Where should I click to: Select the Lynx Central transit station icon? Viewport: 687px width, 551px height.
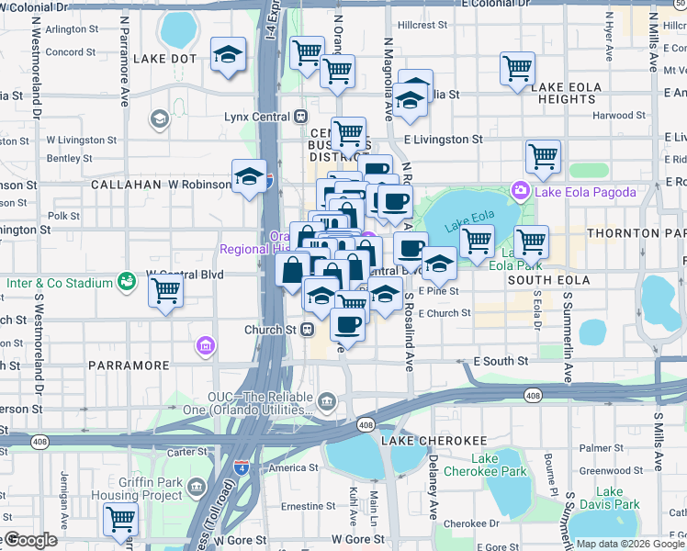(x=300, y=117)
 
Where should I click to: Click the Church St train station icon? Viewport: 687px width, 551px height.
(x=310, y=329)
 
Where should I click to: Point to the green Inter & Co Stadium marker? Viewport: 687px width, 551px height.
(x=124, y=280)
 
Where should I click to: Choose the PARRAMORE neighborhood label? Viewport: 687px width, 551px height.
(x=129, y=365)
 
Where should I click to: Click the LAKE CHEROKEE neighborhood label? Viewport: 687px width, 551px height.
(x=426, y=441)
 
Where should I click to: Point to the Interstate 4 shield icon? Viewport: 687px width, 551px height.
(x=242, y=469)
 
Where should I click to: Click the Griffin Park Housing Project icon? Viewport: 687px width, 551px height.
(x=195, y=485)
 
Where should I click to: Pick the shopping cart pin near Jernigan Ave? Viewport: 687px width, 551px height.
(x=120, y=520)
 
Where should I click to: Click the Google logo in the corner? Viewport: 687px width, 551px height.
(x=29, y=540)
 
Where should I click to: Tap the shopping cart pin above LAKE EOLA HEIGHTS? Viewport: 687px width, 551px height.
(x=517, y=69)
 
